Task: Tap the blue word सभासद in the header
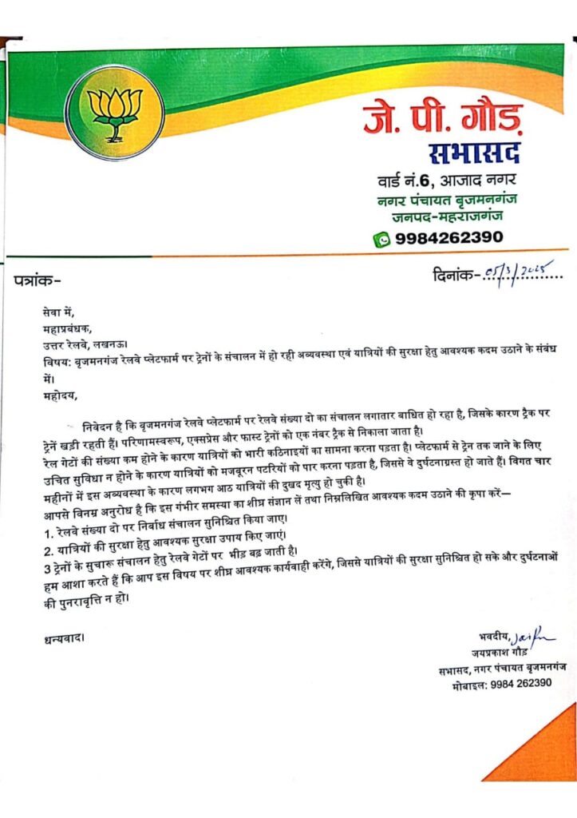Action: pyautogui.click(x=474, y=153)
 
